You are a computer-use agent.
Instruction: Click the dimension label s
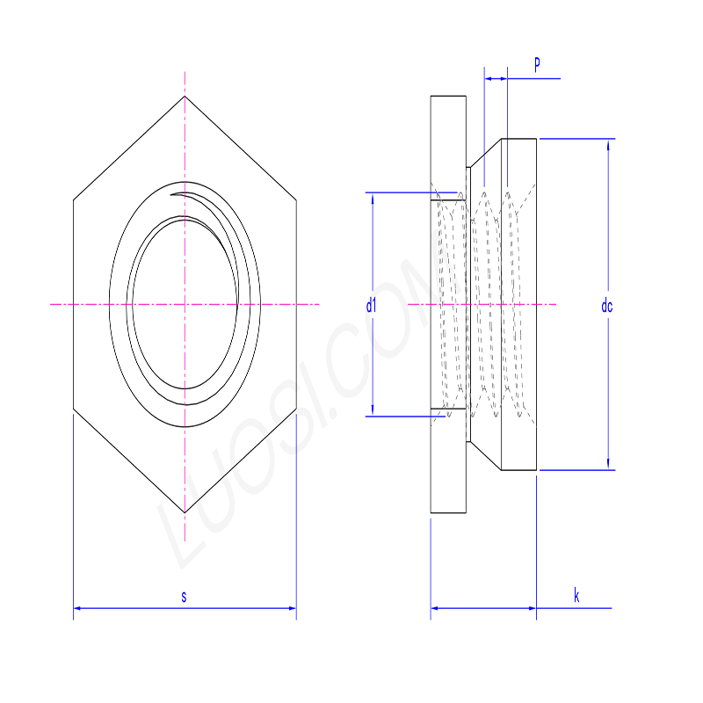click(184, 597)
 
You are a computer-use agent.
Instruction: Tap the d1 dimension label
click(371, 306)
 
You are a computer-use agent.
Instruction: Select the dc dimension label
click(606, 306)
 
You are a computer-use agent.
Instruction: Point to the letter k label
click(576, 597)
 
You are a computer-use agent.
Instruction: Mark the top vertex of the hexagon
click(185, 96)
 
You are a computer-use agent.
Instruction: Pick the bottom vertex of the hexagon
click(185, 512)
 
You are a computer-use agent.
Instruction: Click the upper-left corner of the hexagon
click(74, 200)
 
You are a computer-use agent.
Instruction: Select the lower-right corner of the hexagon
click(296, 409)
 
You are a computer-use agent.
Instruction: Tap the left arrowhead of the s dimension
click(77, 607)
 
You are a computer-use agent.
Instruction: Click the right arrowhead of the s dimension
click(292, 607)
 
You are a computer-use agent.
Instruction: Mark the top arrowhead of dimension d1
click(373, 197)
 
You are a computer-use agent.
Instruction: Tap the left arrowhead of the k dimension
click(434, 607)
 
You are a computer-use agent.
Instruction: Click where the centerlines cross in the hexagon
click(185, 305)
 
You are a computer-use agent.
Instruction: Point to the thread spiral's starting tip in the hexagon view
click(173, 194)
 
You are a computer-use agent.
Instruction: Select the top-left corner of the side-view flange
click(431, 96)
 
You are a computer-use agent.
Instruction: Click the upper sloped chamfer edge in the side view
click(485, 152)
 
